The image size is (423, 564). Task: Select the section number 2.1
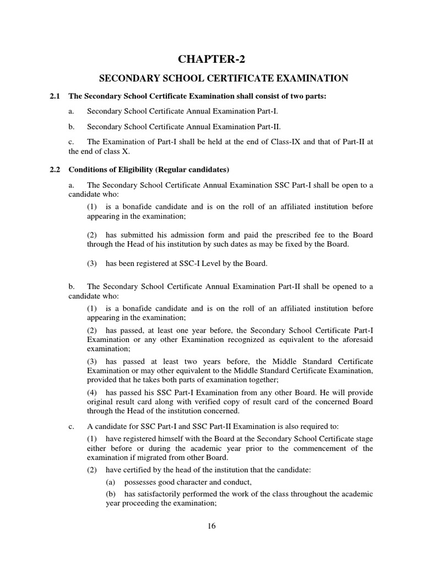click(55, 96)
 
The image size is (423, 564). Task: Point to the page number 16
click(211, 525)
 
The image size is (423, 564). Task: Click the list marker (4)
click(93, 392)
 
